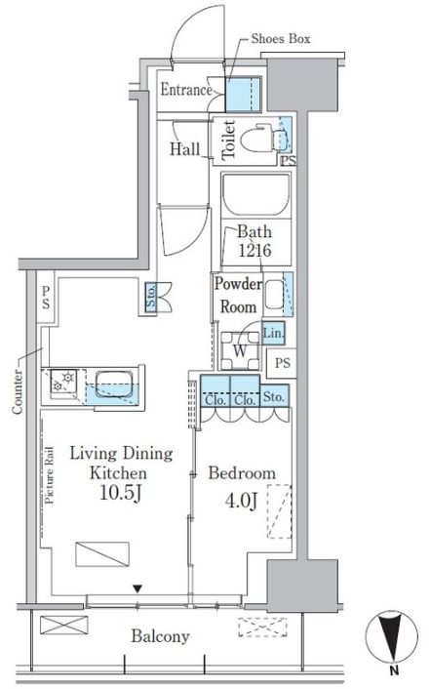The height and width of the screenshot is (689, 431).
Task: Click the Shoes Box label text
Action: (281, 39)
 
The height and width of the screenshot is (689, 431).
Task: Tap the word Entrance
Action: (186, 90)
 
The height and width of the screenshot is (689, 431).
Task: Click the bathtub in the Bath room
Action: (255, 194)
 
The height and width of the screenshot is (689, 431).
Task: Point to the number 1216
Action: (255, 251)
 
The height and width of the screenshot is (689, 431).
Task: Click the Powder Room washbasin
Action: (274, 295)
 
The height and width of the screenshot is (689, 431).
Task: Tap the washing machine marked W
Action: (240, 350)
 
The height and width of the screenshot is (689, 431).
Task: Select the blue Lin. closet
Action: (274, 333)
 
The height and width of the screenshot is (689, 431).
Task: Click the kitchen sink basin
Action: (114, 385)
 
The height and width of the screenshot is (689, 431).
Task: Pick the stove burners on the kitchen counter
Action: (63, 382)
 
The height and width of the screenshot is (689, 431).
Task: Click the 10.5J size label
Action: (120, 493)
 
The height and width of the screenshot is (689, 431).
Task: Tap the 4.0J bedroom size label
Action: (241, 500)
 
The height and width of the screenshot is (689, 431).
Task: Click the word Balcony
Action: (160, 636)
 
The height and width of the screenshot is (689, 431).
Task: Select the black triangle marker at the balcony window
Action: (137, 588)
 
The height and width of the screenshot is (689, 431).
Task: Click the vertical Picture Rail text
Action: (49, 475)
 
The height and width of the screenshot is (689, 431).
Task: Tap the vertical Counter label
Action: (18, 391)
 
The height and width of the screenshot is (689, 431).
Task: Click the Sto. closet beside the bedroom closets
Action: (274, 396)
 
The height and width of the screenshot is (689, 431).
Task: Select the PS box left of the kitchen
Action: (46, 298)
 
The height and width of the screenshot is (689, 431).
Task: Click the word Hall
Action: (184, 149)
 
